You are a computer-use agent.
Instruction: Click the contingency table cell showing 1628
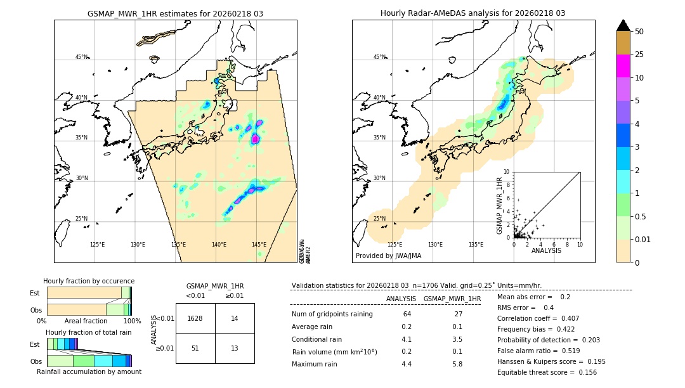click(x=195, y=318)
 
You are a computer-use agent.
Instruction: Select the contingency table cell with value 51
click(x=195, y=348)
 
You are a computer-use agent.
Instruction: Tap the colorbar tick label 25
click(x=640, y=55)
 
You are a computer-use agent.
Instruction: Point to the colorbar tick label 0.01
click(x=644, y=239)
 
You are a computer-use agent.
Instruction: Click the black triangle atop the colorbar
click(x=623, y=25)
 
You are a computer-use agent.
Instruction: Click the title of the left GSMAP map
click(x=175, y=13)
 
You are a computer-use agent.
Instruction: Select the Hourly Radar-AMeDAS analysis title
click(x=473, y=13)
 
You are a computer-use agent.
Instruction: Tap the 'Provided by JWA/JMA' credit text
click(x=388, y=256)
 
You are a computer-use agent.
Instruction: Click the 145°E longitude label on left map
click(x=259, y=245)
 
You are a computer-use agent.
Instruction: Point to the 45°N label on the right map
click(x=379, y=57)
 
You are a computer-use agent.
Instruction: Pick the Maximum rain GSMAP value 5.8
click(x=456, y=364)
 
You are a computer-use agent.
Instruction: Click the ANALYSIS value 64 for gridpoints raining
click(x=407, y=314)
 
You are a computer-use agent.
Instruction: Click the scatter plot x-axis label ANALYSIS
click(x=547, y=250)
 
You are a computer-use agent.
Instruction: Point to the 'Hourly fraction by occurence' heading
click(x=89, y=281)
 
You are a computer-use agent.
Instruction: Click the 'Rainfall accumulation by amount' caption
click(x=89, y=372)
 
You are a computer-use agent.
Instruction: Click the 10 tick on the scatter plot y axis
click(x=507, y=171)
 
